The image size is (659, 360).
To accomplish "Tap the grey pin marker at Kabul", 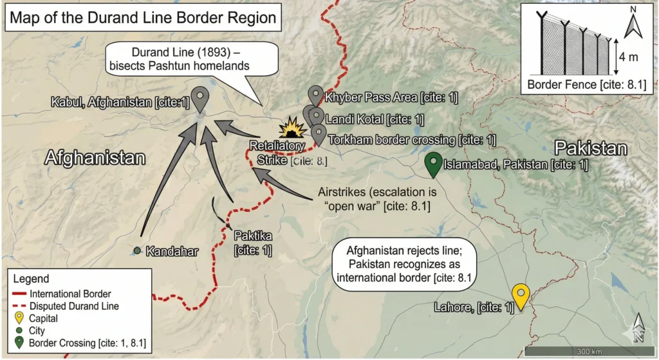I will click(201, 98).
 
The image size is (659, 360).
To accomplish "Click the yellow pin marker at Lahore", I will click(520, 296).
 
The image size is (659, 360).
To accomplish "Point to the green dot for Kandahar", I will click(137, 250).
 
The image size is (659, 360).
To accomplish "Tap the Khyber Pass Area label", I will click(391, 98).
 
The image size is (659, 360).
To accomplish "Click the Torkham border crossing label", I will click(412, 139).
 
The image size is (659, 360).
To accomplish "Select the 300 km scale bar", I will click(588, 351).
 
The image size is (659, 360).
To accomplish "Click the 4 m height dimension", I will click(628, 58).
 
